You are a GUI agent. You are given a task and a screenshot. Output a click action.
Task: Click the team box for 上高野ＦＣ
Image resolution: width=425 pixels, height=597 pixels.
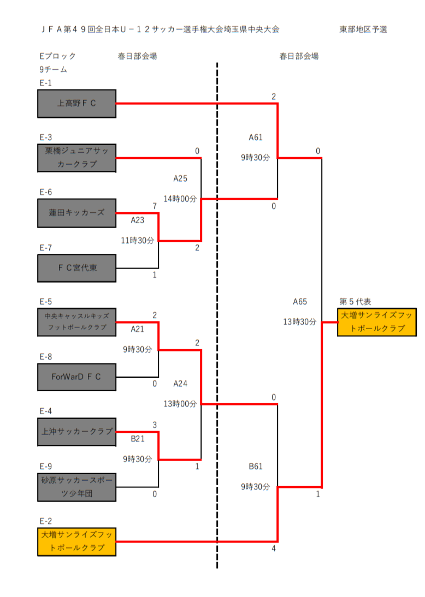pos(77,104)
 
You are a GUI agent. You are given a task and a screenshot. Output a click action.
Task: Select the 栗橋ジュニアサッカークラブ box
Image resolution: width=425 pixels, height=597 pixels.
pos(77,158)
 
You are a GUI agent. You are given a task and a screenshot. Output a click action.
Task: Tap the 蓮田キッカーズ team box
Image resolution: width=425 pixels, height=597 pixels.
pos(77,213)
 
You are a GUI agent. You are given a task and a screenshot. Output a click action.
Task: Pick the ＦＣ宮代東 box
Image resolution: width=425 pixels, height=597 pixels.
pos(77,268)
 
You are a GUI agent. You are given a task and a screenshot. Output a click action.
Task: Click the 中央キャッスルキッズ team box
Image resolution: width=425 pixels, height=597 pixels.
pos(77,322)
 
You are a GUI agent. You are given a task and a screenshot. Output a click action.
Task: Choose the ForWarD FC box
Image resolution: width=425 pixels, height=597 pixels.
pos(77,377)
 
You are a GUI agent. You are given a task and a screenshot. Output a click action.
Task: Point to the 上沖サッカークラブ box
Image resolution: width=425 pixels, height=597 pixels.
pos(77,432)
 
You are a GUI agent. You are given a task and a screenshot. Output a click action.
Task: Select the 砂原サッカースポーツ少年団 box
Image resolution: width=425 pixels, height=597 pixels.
pos(77,487)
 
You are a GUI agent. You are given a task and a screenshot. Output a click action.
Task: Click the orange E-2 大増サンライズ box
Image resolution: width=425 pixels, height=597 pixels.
pos(77,541)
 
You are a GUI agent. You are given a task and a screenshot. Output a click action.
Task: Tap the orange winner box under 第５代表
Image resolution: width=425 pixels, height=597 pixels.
pos(377,322)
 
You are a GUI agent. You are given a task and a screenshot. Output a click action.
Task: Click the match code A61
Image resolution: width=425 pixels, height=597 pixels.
pos(256,138)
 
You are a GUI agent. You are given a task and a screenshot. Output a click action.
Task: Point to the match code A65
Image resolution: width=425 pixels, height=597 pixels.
pos(300,301)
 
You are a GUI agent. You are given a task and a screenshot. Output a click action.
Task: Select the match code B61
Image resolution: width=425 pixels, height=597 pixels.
pos(256,466)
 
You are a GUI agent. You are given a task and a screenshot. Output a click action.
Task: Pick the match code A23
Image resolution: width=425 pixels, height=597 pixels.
pos(138,220)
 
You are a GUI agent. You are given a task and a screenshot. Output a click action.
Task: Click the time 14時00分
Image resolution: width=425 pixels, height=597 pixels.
pos(180,199)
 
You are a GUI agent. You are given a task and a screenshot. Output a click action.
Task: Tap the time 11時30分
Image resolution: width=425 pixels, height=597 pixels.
pos(137,240)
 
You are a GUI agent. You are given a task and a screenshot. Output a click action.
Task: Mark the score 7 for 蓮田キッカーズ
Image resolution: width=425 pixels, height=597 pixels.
pos(155,205)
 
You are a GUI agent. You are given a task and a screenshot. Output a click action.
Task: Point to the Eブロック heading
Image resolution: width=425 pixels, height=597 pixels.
pos(57,56)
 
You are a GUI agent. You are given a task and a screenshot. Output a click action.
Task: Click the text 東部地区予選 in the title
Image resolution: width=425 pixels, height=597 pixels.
pos(363,29)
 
